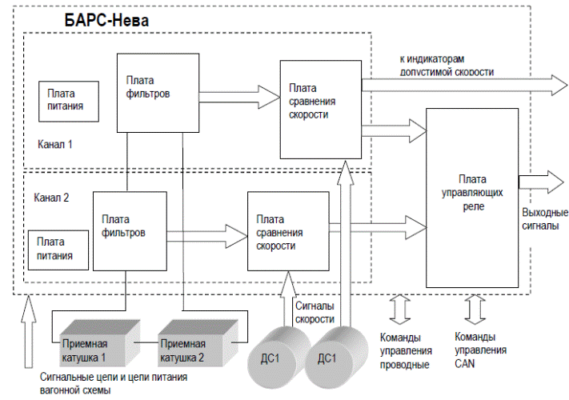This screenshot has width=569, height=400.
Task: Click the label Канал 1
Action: click(55, 145)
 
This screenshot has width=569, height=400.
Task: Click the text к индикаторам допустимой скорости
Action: click(447, 66)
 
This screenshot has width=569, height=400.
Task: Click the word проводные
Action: click(404, 365)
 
